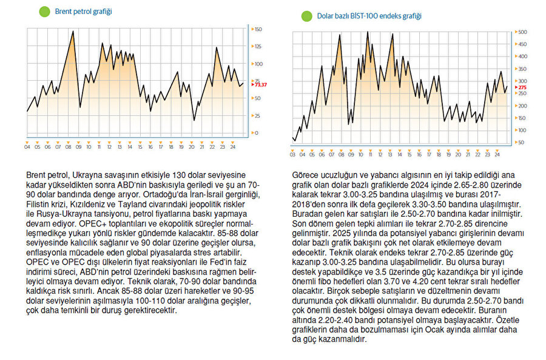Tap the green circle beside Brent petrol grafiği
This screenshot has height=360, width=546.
[44, 12]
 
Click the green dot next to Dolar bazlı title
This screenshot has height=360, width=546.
[306, 16]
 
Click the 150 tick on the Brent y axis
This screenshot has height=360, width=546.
[258, 29]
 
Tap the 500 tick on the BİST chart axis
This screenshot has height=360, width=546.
[522, 32]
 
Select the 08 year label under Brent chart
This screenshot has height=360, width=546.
[68, 146]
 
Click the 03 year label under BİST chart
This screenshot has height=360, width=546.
[293, 155]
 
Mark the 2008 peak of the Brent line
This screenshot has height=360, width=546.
[73, 31]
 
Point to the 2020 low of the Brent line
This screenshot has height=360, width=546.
[194, 120]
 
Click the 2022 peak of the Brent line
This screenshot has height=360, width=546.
[217, 47]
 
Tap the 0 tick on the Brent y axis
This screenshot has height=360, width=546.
[257, 132]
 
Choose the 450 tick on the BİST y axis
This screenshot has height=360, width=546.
[522, 44]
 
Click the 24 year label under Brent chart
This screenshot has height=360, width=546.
[233, 146]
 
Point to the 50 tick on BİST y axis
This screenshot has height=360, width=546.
[521, 142]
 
